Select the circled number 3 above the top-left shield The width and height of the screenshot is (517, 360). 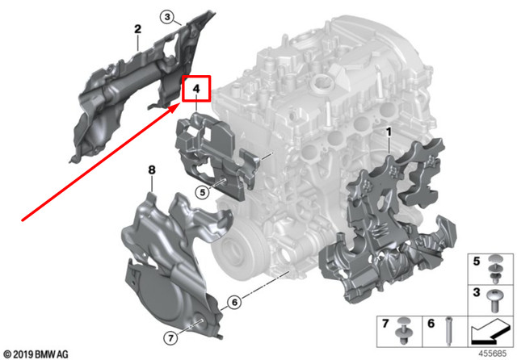tap(166, 16)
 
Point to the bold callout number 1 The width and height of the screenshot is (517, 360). tap(388, 132)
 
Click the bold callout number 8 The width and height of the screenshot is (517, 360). tap(150, 170)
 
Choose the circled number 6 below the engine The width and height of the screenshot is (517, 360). tap(234, 303)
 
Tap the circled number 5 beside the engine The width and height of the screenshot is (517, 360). tap(201, 191)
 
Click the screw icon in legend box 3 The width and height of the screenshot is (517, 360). tap(496, 298)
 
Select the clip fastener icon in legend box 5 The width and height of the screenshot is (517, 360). tap(496, 267)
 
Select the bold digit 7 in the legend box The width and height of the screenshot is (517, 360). tap(385, 324)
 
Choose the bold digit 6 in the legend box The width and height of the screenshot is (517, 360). tap(431, 324)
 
